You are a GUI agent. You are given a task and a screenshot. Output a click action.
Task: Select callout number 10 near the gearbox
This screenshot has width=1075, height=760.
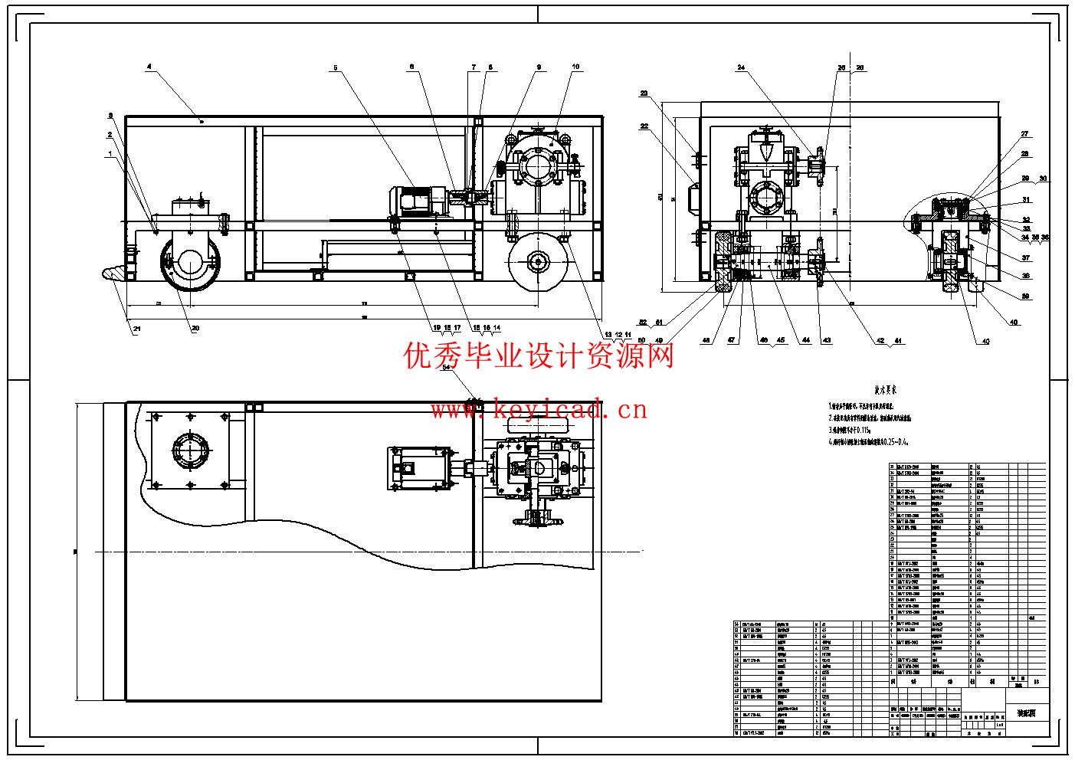point(576,67)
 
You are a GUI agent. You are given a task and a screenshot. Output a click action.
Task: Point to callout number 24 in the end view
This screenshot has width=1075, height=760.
point(741,67)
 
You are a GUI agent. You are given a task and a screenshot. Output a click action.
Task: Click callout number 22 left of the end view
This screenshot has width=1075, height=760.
point(644,126)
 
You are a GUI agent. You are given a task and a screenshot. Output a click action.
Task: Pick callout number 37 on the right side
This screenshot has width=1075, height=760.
point(1026,257)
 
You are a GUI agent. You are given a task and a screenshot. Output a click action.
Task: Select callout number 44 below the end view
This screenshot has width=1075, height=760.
point(806,341)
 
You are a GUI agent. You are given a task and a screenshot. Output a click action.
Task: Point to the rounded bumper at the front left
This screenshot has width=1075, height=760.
point(112,271)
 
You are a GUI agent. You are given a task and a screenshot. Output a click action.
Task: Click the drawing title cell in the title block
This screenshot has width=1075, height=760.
point(1025,713)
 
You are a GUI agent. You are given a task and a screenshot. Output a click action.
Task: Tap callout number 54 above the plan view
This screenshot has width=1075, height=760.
point(448,367)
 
